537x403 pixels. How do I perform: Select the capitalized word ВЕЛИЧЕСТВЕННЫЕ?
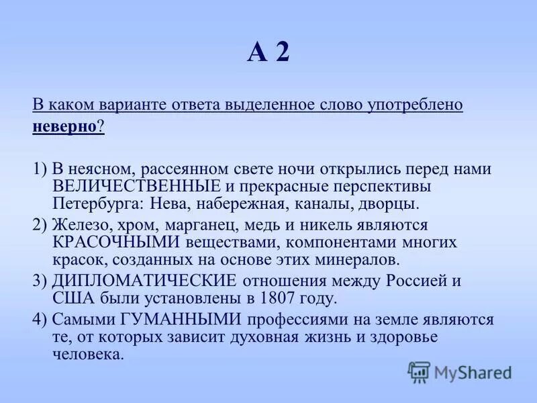137,185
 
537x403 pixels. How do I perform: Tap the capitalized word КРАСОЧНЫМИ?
115,242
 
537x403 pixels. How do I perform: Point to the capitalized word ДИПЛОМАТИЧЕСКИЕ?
144,281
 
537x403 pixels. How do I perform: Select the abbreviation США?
70,298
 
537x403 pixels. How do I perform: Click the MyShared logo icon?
419,371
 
